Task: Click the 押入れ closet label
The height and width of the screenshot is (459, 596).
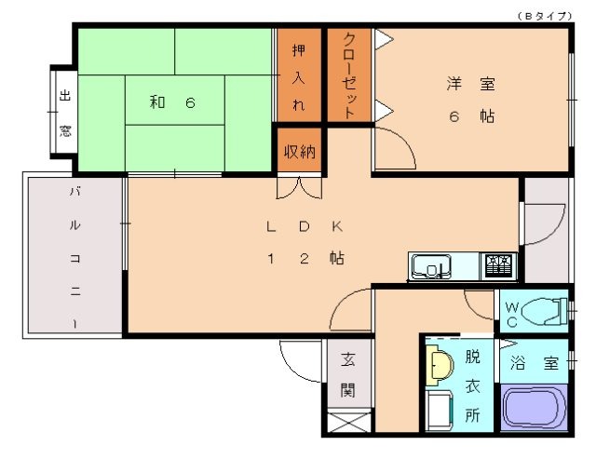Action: (298, 76)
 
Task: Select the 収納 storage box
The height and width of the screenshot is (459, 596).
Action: (298, 152)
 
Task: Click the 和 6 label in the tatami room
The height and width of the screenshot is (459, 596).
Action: (172, 102)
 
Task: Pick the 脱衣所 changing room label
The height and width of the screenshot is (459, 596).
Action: (472, 384)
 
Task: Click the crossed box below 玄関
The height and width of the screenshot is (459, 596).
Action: (346, 422)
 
